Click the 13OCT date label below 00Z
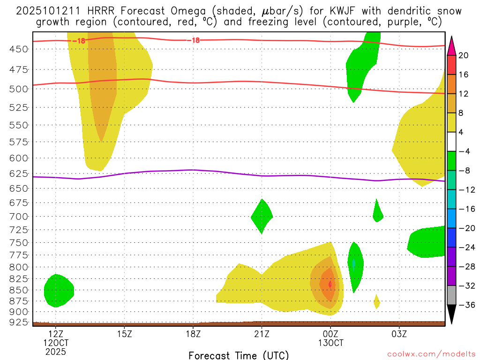(x=330, y=343)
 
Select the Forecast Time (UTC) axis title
(x=239, y=355)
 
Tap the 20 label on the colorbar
(x=464, y=55)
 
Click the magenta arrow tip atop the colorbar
(x=451, y=45)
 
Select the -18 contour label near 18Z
(x=193, y=40)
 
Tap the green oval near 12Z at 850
(x=58, y=291)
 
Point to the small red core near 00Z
(x=330, y=284)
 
